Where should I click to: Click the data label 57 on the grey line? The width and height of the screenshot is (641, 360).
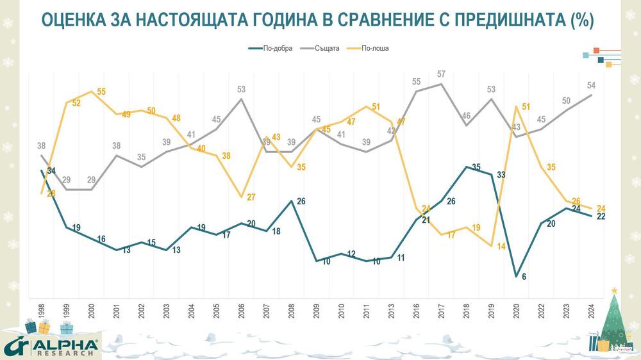click(x=441, y=74)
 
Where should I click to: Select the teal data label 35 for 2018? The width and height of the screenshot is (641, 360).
click(x=476, y=167)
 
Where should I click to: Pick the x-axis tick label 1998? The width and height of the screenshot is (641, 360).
click(x=41, y=313)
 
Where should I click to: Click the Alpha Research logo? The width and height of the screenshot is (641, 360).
click(x=51, y=346)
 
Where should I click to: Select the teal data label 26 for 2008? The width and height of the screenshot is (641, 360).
click(x=302, y=201)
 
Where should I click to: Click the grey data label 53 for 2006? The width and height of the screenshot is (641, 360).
click(x=242, y=89)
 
